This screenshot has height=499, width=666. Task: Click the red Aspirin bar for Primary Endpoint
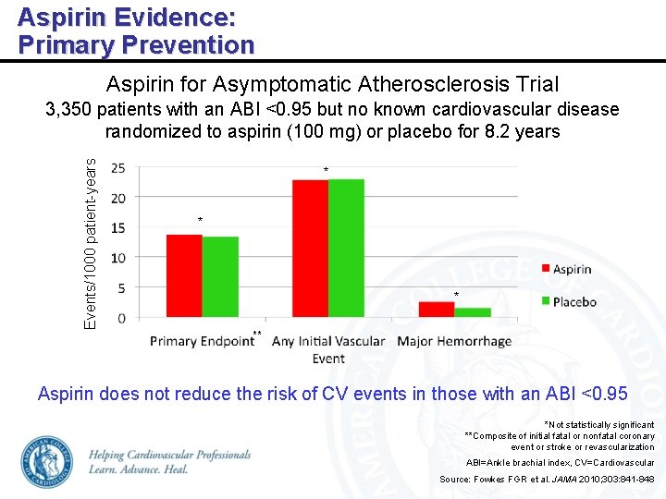pos(184,275)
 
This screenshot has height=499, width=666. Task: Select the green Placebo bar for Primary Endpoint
pos(220,277)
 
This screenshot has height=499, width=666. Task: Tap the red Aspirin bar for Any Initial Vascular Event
pos(311,249)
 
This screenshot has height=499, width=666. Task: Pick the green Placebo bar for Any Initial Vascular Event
pos(347,249)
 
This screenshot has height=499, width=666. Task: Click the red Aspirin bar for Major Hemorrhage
pos(437,310)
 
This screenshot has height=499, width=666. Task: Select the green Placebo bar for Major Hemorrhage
pos(473,312)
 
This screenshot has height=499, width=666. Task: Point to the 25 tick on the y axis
pos(119,168)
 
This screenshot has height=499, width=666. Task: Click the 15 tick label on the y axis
pos(119,228)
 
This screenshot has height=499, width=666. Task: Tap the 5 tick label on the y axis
pos(122,288)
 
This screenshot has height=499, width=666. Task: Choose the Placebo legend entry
pos(566,301)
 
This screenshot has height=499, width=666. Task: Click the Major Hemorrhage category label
pos(454,341)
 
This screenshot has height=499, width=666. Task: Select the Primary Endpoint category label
pos(202,341)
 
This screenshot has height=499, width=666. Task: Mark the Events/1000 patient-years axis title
pos(91,242)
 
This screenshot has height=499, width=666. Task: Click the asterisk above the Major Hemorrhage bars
pos(456,295)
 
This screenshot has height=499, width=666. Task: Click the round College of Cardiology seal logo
pos(47,461)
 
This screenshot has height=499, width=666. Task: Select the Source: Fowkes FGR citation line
pos(547,480)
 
